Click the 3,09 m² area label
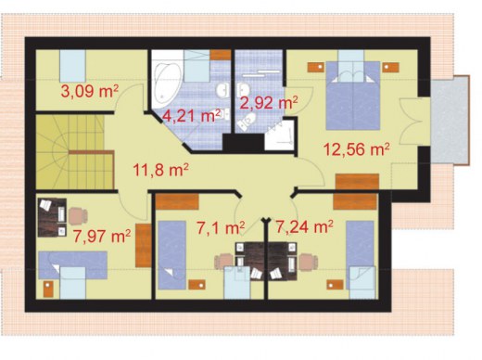coord(90,91)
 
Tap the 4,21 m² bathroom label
coord(192,116)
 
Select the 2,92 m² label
coord(269,103)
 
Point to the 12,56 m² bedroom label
coord(356,149)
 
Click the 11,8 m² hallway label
coord(160,170)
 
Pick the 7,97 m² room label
coord(102,237)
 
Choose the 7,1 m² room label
coord(221,228)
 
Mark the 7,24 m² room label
coord(304,226)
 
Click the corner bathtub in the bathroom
coord(167,83)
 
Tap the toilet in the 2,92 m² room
coord(247,122)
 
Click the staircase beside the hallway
coord(75,152)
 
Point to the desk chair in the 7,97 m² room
coord(78,216)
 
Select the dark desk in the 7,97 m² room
coord(52,217)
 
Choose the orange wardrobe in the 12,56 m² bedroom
coord(357,181)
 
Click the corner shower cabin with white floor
coord(280,136)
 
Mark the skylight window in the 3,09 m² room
coord(72,66)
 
